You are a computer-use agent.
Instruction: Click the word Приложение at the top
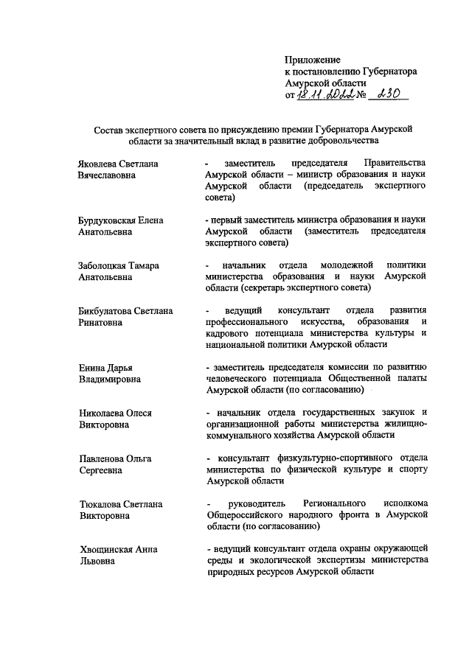coord(313,59)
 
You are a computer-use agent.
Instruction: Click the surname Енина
coord(92,368)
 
